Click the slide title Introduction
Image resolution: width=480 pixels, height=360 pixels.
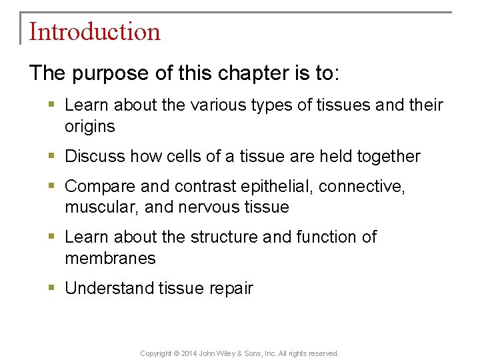(95, 32)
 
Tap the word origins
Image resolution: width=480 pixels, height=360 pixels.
(90, 126)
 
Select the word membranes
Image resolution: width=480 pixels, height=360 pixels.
(110, 258)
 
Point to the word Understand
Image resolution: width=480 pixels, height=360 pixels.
(109, 289)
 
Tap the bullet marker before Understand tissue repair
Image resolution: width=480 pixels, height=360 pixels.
(52, 289)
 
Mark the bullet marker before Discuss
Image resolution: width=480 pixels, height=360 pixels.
(52, 157)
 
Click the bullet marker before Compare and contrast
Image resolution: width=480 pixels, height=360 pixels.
(52, 186)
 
